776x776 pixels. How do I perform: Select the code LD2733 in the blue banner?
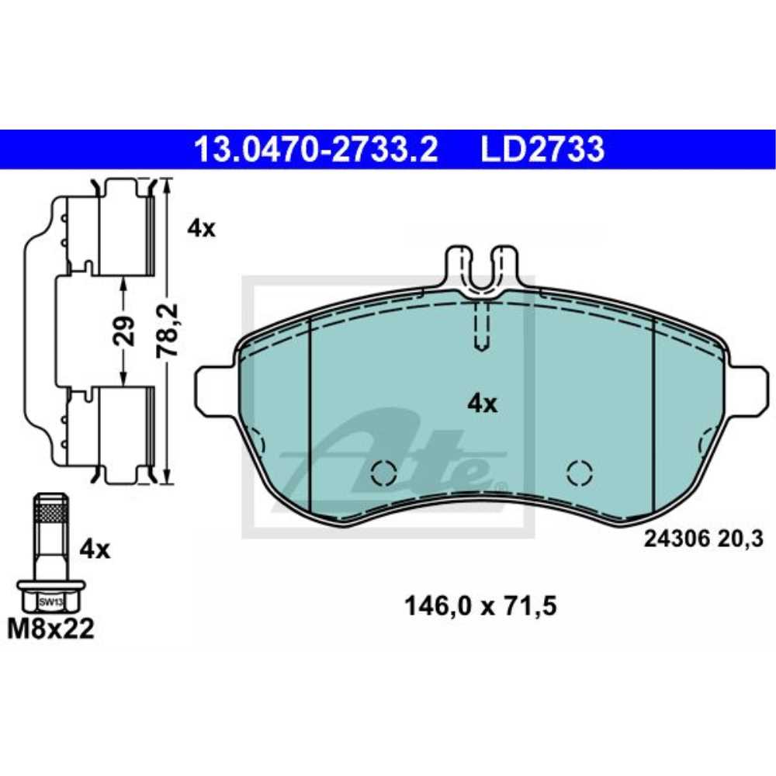coord(542,149)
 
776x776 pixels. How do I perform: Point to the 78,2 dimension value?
coord(168,330)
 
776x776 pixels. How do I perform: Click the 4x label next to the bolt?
coord(95,550)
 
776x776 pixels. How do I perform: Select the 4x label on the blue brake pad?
coord(481,404)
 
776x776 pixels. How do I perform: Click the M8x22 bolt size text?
coord(50,629)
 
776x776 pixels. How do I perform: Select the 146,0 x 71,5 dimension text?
coord(480,605)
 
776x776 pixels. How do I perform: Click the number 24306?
coord(674,537)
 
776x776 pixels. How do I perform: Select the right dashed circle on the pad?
coord(579,471)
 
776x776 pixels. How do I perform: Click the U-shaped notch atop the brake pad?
coord(481,272)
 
